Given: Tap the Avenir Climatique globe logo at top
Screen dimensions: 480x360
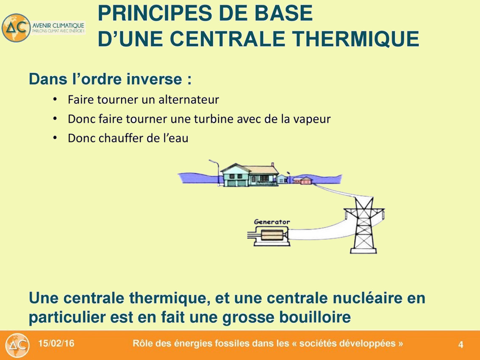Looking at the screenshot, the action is tap(16, 28).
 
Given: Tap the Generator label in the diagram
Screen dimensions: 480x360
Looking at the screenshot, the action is tap(272, 222).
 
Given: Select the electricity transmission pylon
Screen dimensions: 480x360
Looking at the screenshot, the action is tap(363, 225).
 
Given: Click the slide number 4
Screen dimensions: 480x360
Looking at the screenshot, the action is tap(461, 345).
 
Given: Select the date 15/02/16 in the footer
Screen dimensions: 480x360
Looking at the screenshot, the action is tap(56, 343).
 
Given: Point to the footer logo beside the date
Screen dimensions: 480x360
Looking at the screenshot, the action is tap(17, 345).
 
